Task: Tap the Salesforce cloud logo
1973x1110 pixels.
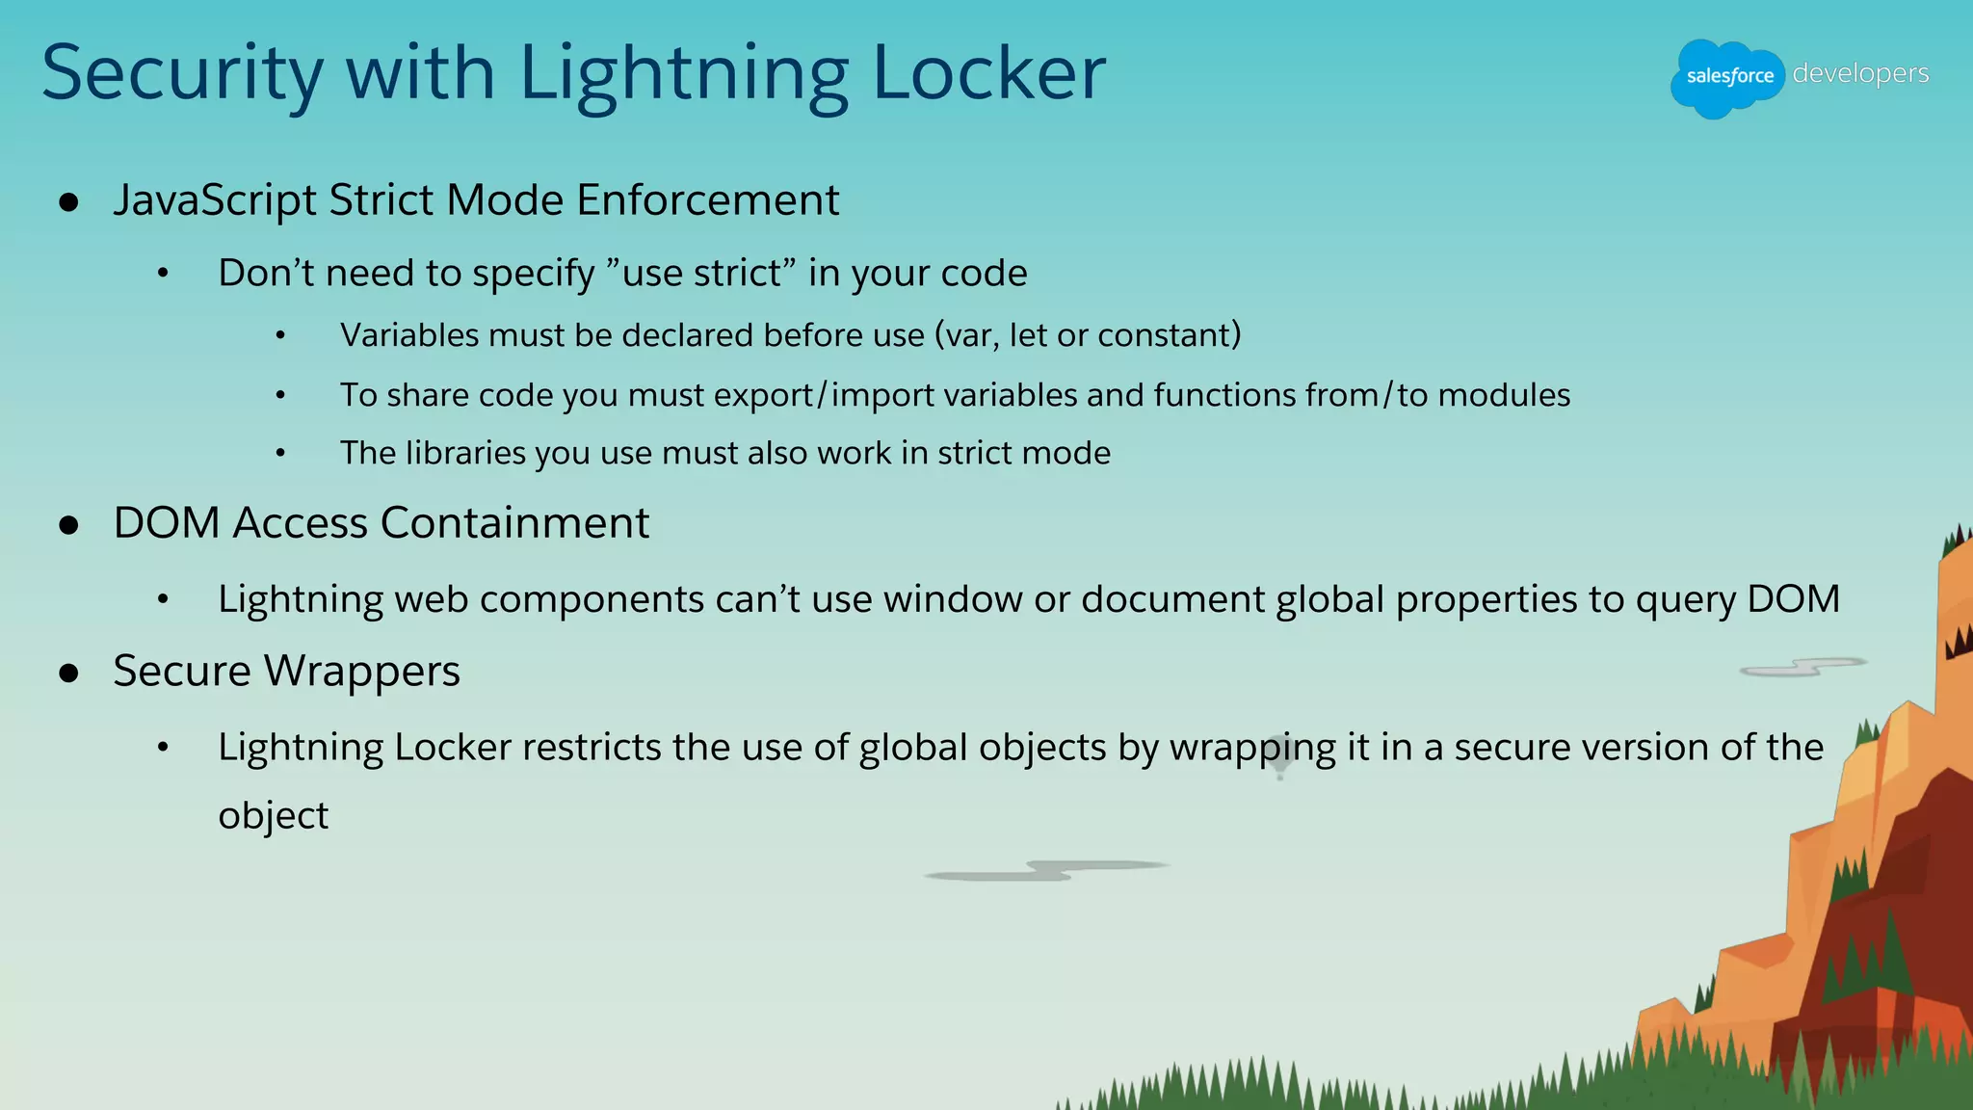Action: coord(1728,77)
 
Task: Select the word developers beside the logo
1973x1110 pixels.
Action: coord(1860,73)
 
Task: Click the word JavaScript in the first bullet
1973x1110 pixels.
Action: coord(215,200)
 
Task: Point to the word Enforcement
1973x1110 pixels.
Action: coord(708,200)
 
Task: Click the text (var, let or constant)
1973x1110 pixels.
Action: coord(1088,335)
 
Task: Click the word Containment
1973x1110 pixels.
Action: coord(515,523)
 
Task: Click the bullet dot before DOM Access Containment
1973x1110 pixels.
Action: coord(68,525)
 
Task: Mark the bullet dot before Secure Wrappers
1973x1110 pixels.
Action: coord(68,673)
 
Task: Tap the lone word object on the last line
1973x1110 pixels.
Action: coord(274,816)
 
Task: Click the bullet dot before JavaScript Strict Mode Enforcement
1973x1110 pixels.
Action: coord(68,202)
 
